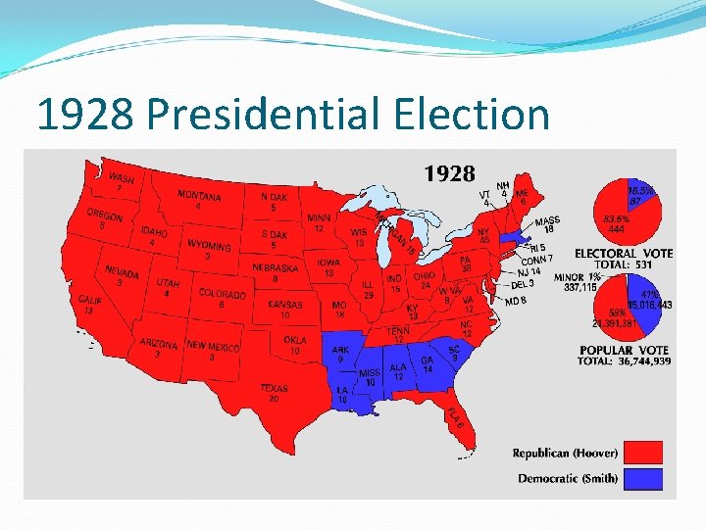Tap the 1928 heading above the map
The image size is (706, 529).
(449, 174)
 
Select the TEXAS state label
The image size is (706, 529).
(275, 389)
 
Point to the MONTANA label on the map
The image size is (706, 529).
(199, 196)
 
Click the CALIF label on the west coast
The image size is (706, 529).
(90, 300)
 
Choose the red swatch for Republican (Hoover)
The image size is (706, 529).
(642, 453)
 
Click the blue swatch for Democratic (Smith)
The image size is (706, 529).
(642, 479)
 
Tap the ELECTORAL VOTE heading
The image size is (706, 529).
(624, 254)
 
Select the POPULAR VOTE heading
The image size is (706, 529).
(625, 350)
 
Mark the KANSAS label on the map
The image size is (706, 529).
(285, 305)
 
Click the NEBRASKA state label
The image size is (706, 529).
(275, 267)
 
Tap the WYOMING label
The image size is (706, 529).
(209, 245)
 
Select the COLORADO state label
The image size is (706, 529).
(223, 293)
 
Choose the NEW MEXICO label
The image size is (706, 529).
(213, 346)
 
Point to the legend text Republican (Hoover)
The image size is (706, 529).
(566, 453)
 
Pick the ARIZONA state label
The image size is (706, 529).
(158, 344)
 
